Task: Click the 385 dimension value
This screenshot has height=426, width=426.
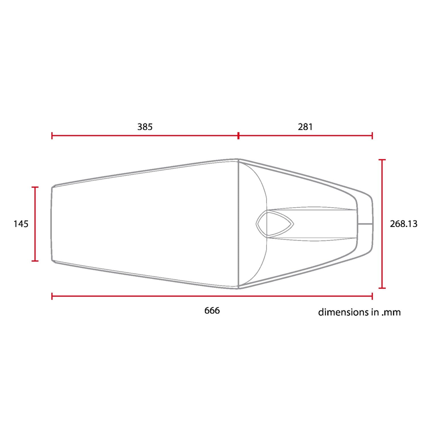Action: (x=145, y=127)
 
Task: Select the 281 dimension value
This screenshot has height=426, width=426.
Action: (x=305, y=127)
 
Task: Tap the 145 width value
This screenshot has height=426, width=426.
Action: (x=21, y=224)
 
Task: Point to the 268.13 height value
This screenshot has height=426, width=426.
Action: (x=404, y=224)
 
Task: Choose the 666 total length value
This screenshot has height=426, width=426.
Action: (x=212, y=310)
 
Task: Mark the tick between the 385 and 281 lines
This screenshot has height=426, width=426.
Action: (x=238, y=136)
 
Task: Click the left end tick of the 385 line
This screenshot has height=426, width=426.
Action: (x=52, y=136)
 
